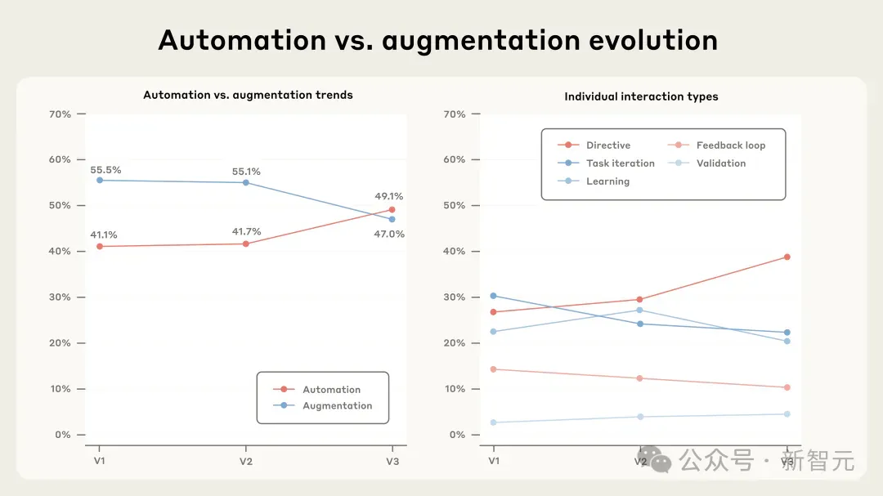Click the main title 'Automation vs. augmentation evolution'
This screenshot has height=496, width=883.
point(438,41)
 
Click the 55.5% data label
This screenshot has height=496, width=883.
point(105,170)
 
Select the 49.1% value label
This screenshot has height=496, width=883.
point(389,196)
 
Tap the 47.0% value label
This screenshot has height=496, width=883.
point(389,235)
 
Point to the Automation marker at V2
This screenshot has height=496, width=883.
point(245,244)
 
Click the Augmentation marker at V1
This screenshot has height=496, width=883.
point(100,180)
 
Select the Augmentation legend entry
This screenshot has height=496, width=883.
point(323,406)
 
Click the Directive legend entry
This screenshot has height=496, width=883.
point(594,145)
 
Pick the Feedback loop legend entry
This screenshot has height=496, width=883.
point(716,145)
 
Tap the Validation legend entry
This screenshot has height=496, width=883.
point(706,163)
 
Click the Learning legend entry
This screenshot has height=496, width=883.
point(594,181)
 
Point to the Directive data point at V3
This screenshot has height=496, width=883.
point(787,257)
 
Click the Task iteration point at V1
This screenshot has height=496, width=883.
point(493,296)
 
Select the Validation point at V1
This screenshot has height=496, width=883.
point(493,422)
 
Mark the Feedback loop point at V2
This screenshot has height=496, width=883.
point(639,378)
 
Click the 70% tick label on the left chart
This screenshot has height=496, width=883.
point(60,114)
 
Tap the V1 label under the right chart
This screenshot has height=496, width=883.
point(494,461)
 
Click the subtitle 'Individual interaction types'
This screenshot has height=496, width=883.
point(642,97)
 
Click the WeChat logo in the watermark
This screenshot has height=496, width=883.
point(654,459)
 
